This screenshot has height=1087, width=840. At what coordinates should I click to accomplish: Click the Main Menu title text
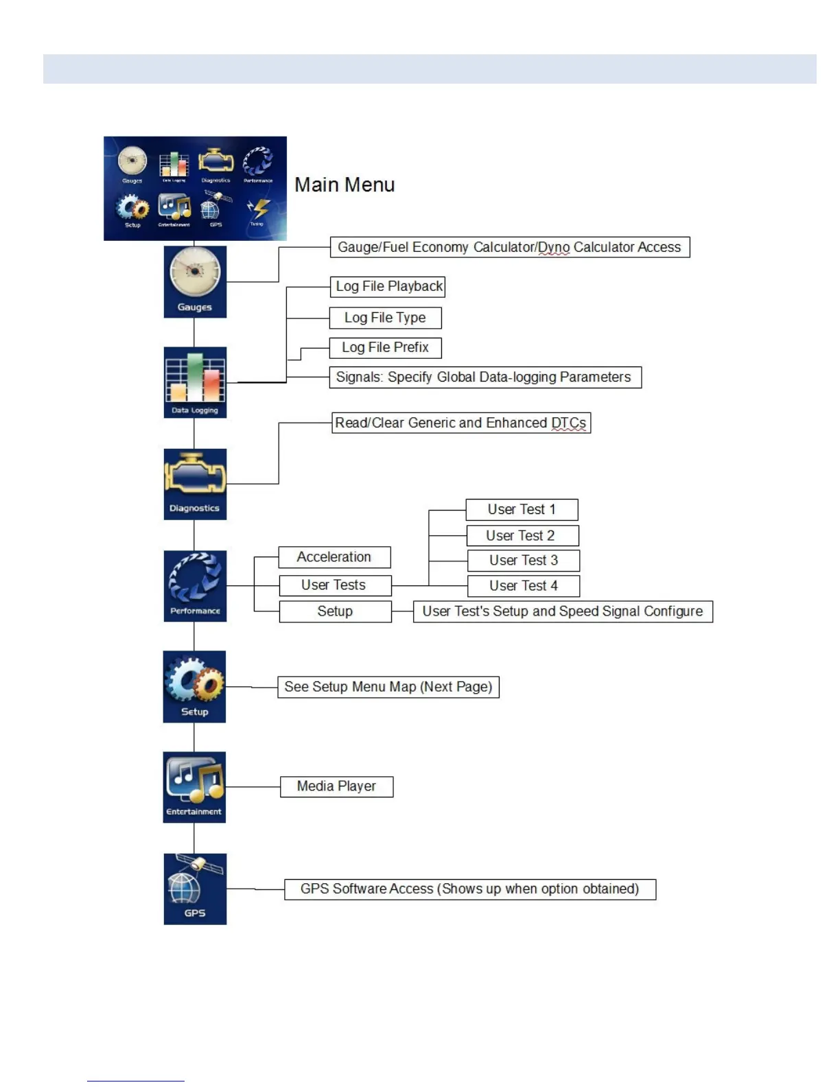(x=345, y=185)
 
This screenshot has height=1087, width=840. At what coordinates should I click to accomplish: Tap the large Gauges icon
(x=195, y=281)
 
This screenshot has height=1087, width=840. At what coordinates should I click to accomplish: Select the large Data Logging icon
(x=195, y=382)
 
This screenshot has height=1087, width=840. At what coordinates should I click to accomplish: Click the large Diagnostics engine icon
(x=195, y=483)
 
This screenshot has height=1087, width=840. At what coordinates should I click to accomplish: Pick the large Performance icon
(x=195, y=585)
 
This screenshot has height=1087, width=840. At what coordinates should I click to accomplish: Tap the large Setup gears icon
(x=194, y=686)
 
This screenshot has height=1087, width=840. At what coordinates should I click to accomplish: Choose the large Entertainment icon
(x=194, y=786)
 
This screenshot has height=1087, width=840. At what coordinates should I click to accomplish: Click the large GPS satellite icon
(x=195, y=889)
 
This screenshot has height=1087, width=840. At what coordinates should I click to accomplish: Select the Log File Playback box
(x=388, y=286)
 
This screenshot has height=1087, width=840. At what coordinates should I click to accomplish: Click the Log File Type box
(x=385, y=318)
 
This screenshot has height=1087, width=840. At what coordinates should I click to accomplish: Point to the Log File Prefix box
(x=385, y=348)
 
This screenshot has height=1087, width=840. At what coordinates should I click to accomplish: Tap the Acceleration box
(x=334, y=557)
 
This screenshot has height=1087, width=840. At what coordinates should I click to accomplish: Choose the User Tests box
(x=334, y=585)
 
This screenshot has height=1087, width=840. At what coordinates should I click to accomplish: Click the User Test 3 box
(x=524, y=561)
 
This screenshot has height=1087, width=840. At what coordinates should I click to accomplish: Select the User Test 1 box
(x=522, y=510)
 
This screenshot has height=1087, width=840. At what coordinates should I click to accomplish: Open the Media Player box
(x=336, y=786)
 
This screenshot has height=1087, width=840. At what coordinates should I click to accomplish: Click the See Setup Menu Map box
(x=388, y=687)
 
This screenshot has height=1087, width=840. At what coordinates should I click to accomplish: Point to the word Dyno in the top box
(x=554, y=248)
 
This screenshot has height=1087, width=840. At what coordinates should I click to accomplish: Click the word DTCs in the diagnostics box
(x=569, y=423)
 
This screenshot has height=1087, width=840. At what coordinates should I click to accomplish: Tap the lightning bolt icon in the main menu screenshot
(x=259, y=209)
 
